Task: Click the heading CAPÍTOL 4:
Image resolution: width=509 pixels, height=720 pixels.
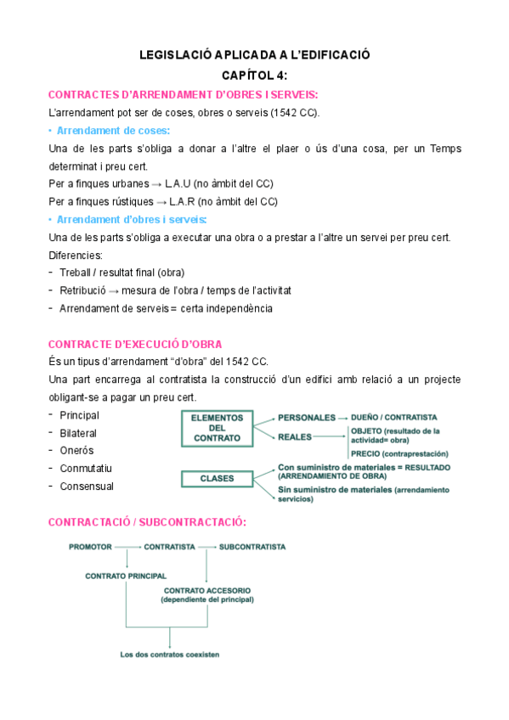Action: point(255,75)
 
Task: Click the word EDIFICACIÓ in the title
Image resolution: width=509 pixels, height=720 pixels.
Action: point(327,56)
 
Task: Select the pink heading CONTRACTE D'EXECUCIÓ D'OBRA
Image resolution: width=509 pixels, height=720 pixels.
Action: point(136,344)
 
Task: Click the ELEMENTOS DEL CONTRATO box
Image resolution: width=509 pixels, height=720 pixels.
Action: point(218,428)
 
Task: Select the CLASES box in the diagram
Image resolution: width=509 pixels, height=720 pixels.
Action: point(218,479)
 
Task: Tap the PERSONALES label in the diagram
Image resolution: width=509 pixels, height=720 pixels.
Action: point(307,418)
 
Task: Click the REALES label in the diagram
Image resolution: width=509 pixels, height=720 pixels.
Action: point(294,436)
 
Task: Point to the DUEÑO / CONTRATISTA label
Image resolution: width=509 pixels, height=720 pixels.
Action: point(393,418)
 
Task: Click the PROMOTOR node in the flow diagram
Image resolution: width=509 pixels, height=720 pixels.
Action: point(90,546)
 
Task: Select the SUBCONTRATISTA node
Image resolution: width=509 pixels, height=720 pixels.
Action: point(252,546)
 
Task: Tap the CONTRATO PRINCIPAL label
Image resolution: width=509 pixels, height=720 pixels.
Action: point(126,576)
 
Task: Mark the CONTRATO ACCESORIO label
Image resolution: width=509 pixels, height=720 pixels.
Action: point(207,591)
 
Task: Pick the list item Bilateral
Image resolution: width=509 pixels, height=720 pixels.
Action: point(78,433)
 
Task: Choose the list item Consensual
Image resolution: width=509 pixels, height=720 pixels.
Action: point(87,487)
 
